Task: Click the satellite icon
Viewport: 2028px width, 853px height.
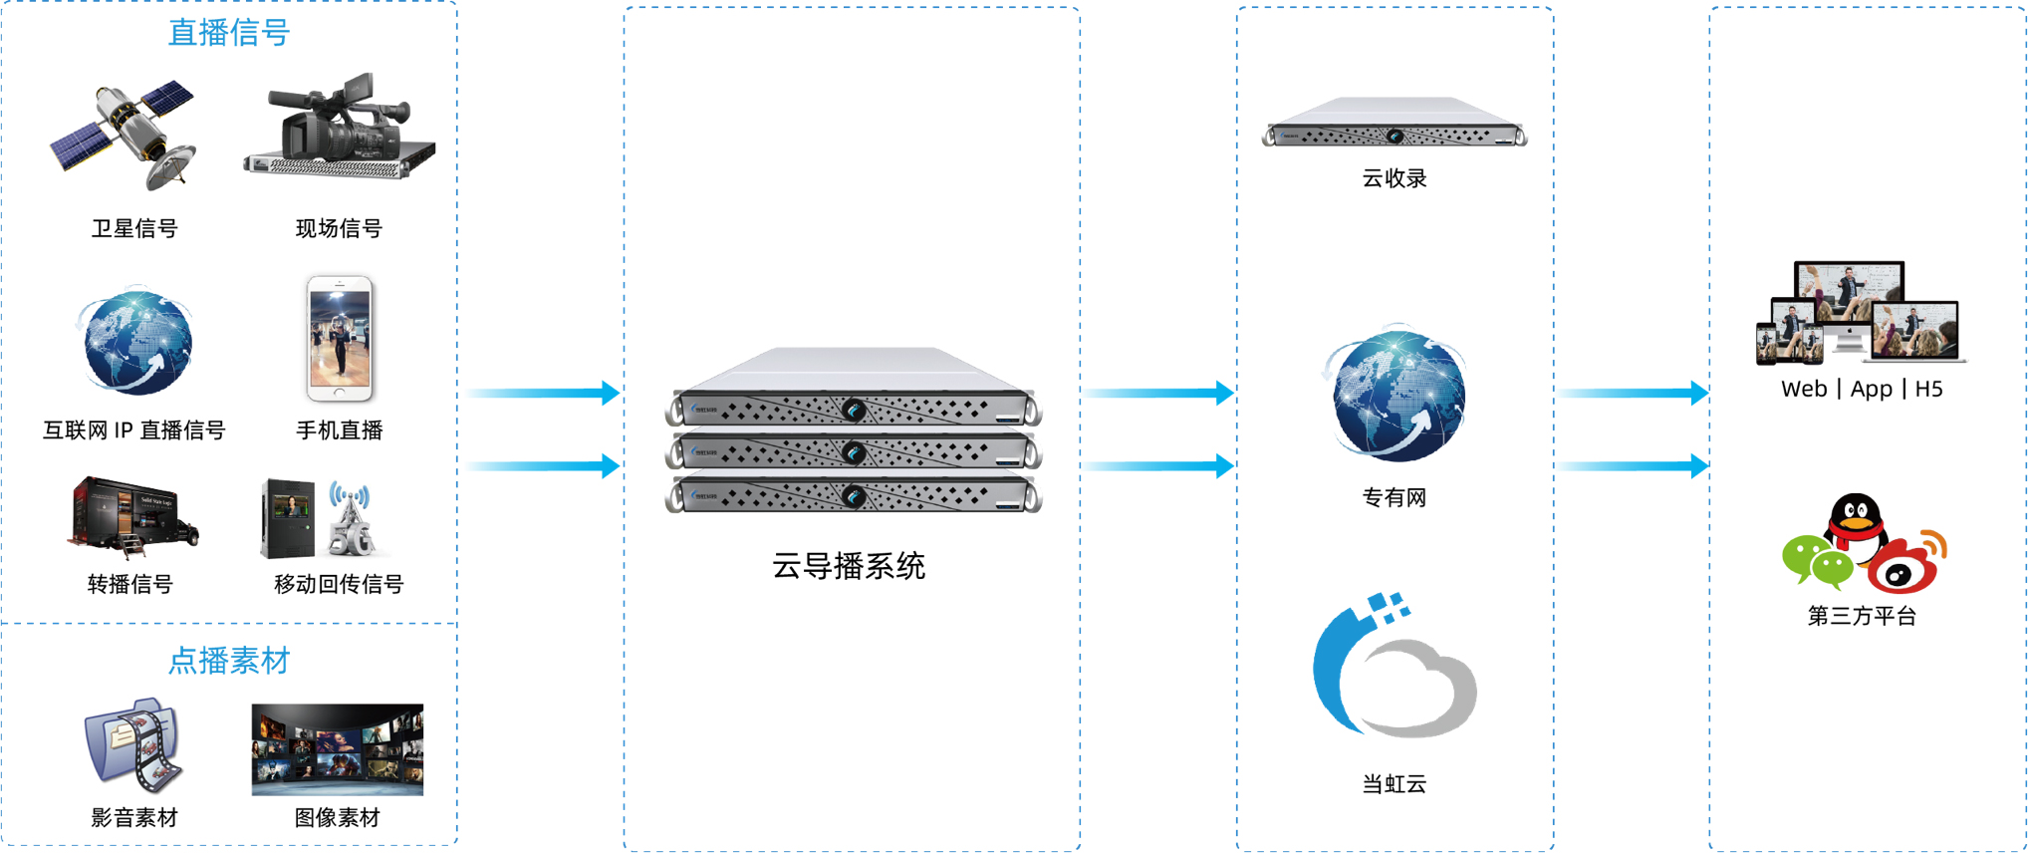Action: click(x=125, y=134)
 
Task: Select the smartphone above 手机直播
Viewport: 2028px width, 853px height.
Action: click(x=340, y=339)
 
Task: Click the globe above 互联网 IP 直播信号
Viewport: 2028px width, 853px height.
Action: click(x=136, y=342)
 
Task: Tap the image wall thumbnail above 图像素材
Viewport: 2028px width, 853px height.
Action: click(x=337, y=749)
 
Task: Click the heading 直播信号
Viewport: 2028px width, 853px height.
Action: click(x=228, y=33)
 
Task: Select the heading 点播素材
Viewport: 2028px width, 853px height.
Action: click(x=228, y=660)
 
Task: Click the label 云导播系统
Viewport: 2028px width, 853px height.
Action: click(x=849, y=566)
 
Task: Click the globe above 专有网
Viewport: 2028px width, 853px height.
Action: click(x=1396, y=393)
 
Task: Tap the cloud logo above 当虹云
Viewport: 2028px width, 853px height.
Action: click(x=1395, y=668)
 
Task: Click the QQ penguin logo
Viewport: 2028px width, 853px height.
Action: click(x=1856, y=520)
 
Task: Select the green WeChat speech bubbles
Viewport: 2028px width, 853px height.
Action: click(x=1815, y=560)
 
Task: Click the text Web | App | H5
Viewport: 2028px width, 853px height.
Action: click(x=1861, y=389)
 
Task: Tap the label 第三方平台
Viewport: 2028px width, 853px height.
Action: click(x=1861, y=616)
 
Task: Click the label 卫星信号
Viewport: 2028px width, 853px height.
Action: click(x=134, y=228)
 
